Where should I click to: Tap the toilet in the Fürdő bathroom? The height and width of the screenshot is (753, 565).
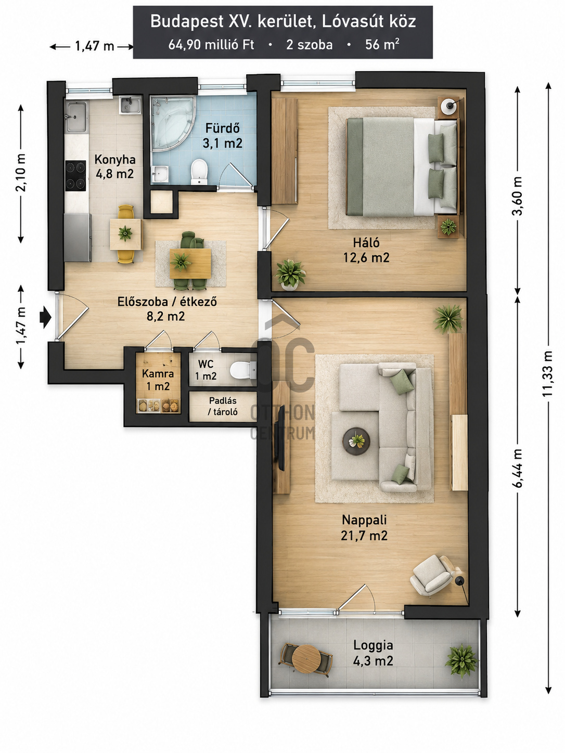pyautogui.click(x=199, y=171)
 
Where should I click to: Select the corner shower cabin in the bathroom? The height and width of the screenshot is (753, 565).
pyautogui.click(x=173, y=123)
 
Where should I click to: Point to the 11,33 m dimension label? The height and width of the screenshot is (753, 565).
pyautogui.click(x=547, y=373)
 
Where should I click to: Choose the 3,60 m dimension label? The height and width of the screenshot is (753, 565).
pyautogui.click(x=517, y=196)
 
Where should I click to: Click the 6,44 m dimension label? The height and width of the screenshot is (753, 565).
pyautogui.click(x=517, y=468)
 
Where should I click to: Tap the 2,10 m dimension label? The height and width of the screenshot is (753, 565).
pyautogui.click(x=21, y=173)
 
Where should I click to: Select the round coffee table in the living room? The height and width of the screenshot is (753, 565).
pyautogui.click(x=356, y=441)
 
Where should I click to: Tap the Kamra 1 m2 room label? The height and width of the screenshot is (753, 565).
pyautogui.click(x=158, y=380)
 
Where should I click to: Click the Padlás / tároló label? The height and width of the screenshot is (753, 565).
pyautogui.click(x=223, y=406)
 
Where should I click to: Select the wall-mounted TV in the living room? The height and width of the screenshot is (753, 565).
pyautogui.click(x=281, y=438)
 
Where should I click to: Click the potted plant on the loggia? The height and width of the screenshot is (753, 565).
pyautogui.click(x=461, y=660)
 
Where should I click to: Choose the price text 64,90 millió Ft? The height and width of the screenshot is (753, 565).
pyautogui.click(x=211, y=45)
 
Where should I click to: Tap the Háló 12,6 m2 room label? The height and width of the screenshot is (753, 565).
pyautogui.click(x=366, y=250)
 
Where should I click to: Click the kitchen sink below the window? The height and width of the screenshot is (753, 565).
pyautogui.click(x=75, y=117)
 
